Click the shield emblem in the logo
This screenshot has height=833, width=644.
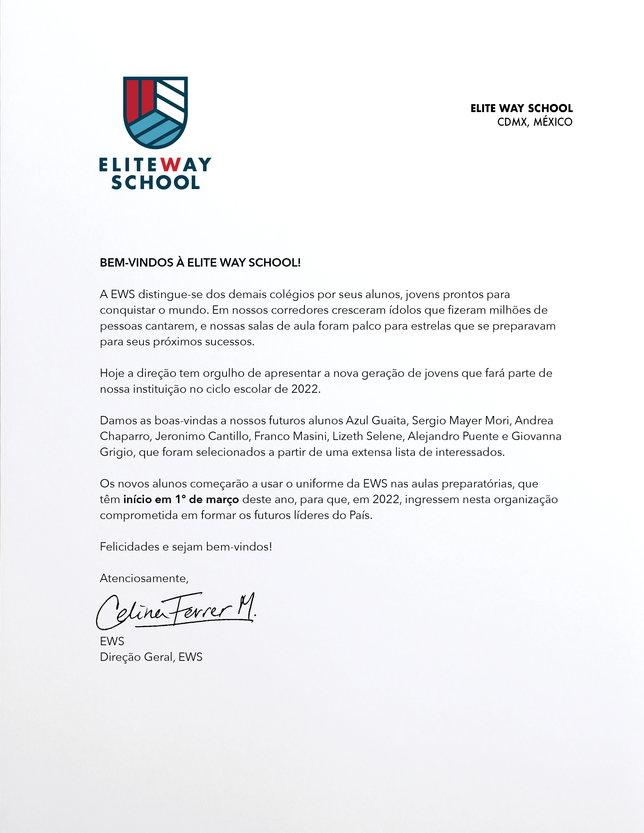[155, 113]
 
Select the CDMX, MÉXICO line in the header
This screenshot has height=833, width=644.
[534, 122]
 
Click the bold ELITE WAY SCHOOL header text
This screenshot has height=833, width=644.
[522, 108]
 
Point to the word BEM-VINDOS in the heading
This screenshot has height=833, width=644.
[137, 263]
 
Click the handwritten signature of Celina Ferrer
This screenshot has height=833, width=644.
[176, 610]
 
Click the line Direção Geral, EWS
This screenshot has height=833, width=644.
[151, 657]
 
